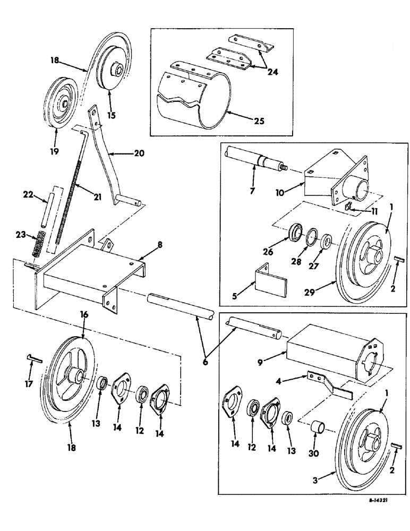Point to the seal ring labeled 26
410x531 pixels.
(x=293, y=235)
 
